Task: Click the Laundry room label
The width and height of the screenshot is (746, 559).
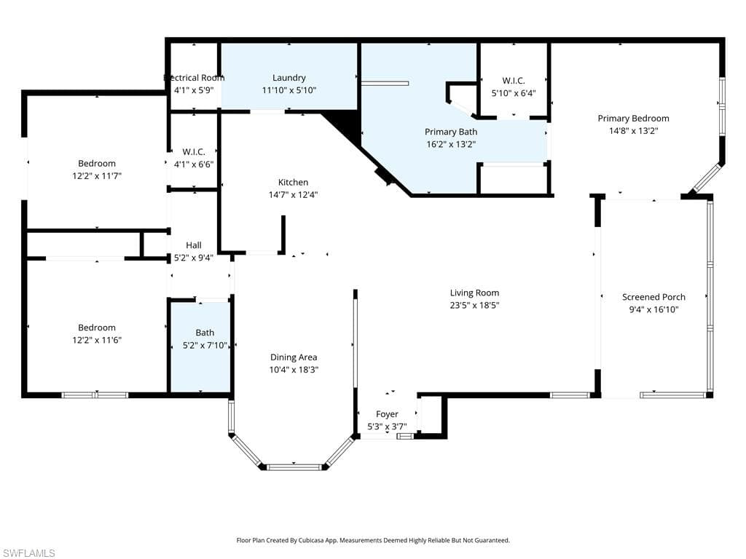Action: tap(289, 78)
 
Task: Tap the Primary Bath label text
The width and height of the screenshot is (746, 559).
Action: tap(451, 132)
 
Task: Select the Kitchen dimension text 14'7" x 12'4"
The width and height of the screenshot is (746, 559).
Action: tap(293, 194)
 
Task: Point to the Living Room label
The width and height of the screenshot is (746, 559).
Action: tap(474, 293)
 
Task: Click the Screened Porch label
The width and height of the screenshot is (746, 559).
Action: tap(653, 297)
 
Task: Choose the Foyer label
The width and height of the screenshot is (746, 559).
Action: tap(387, 414)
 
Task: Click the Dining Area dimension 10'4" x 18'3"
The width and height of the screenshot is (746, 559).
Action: tap(294, 369)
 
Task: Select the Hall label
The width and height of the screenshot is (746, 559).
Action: tap(193, 245)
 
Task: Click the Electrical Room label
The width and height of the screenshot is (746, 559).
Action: tap(194, 78)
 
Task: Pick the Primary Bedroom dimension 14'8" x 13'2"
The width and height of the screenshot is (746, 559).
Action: tap(633, 131)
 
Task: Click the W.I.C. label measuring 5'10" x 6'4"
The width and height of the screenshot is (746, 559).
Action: tap(513, 81)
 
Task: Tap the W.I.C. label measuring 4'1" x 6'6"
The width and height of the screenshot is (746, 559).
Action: tap(193, 164)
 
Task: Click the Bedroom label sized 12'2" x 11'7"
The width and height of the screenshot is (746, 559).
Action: tap(97, 164)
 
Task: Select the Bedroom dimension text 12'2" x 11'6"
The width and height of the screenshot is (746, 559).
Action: tap(97, 340)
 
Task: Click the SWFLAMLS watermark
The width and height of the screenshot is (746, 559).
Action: tap(28, 553)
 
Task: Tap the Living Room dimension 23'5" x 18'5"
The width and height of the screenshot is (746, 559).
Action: tap(474, 305)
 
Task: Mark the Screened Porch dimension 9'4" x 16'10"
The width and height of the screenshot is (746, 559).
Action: tap(653, 309)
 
